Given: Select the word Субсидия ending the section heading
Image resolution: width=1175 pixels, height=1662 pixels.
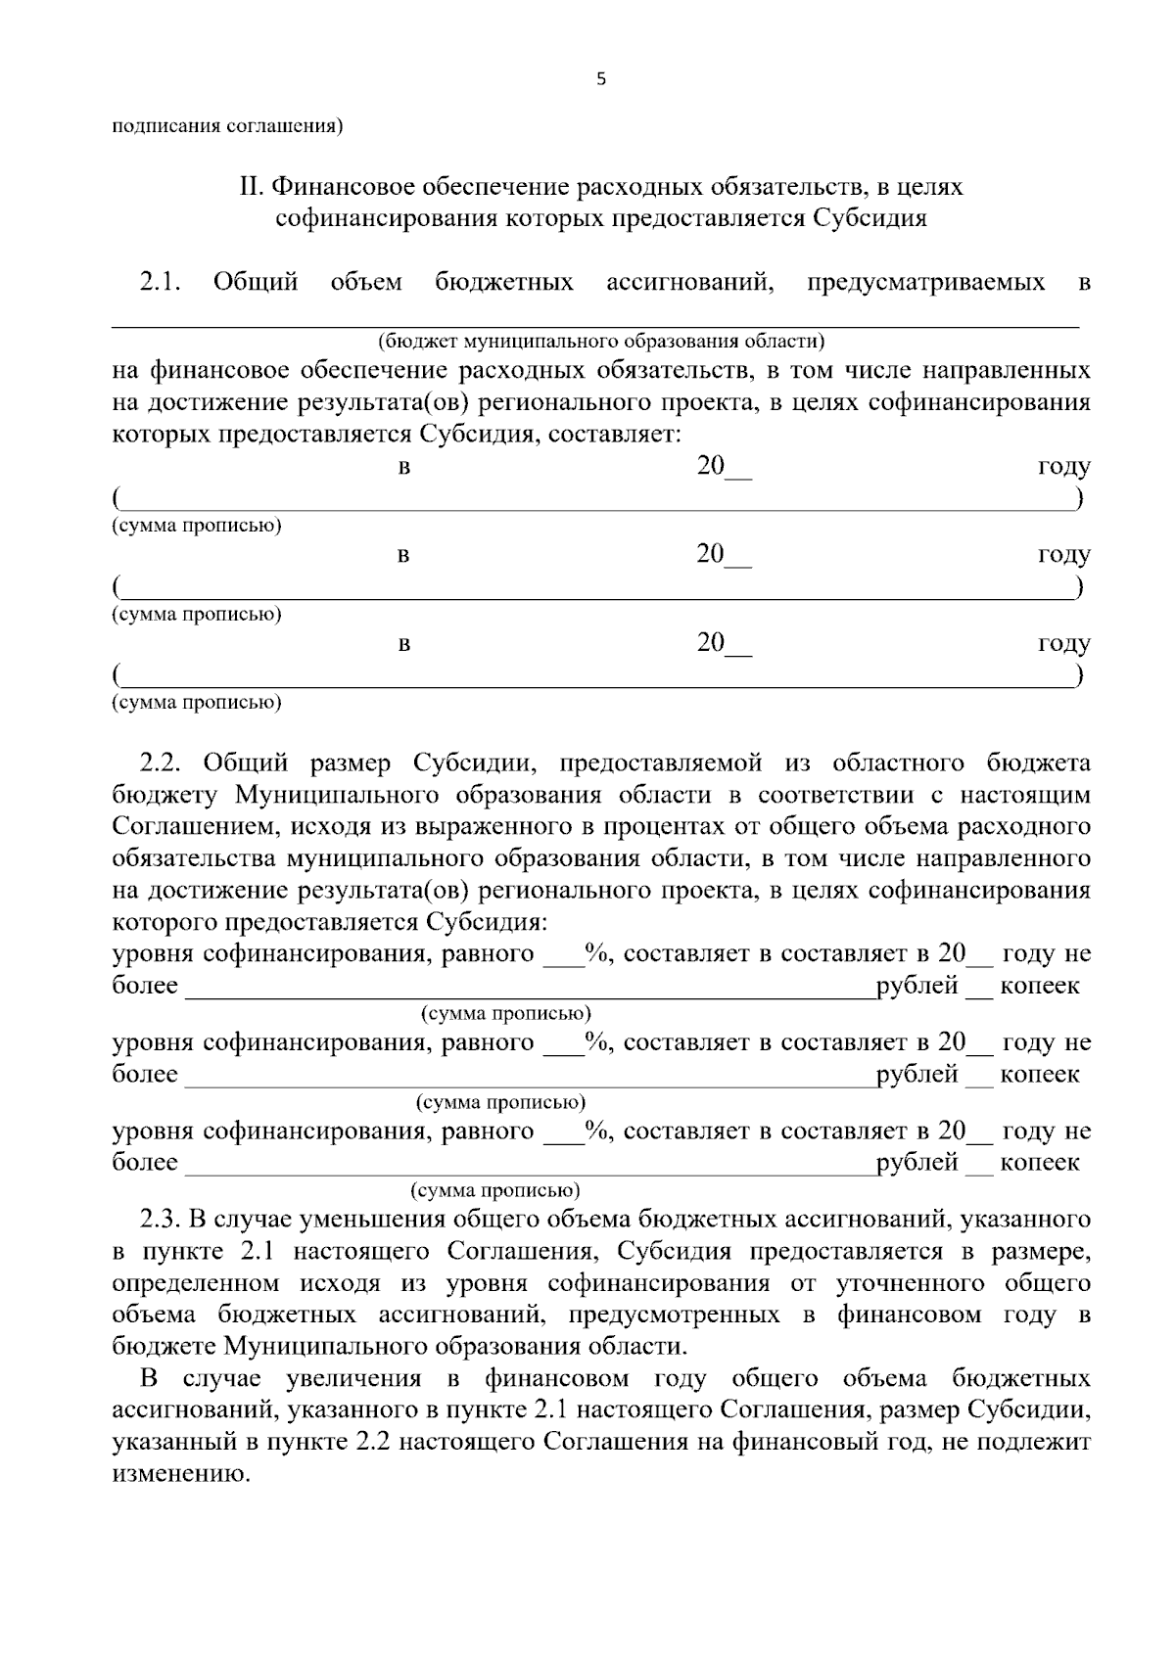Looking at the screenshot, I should (x=869, y=217).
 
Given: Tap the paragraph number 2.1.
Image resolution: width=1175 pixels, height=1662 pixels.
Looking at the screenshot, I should (x=162, y=283).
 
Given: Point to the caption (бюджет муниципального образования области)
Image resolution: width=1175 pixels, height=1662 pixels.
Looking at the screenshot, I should (x=601, y=342).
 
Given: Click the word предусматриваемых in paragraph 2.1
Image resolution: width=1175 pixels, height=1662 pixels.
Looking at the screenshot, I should (x=925, y=283).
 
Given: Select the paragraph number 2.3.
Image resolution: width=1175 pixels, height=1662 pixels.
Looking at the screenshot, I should (x=162, y=1219).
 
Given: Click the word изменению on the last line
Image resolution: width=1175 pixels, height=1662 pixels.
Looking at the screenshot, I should (x=181, y=1473).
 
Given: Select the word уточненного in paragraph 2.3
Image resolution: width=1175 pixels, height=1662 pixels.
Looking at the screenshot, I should (x=909, y=1282).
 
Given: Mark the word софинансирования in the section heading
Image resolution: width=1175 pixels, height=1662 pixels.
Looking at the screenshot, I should (x=386, y=217).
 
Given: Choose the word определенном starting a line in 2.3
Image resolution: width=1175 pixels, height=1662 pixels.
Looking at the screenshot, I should (x=194, y=1282).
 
